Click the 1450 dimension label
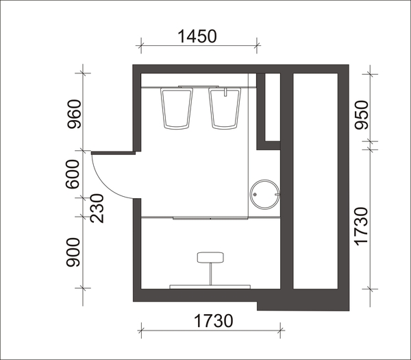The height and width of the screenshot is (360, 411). [x=197, y=36]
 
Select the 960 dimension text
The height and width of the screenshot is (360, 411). [x=74, y=114]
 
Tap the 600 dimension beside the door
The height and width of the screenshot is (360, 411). [x=73, y=174]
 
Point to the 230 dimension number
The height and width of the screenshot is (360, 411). [x=97, y=208]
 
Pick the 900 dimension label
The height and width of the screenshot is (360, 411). [x=73, y=252]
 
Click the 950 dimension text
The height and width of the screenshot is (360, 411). [x=362, y=115]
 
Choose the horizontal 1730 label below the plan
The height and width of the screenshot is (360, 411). [x=213, y=321]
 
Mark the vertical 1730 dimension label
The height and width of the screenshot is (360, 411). [x=362, y=227]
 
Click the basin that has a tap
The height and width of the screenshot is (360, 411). [x=225, y=108]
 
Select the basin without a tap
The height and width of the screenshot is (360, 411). [x=177, y=108]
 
